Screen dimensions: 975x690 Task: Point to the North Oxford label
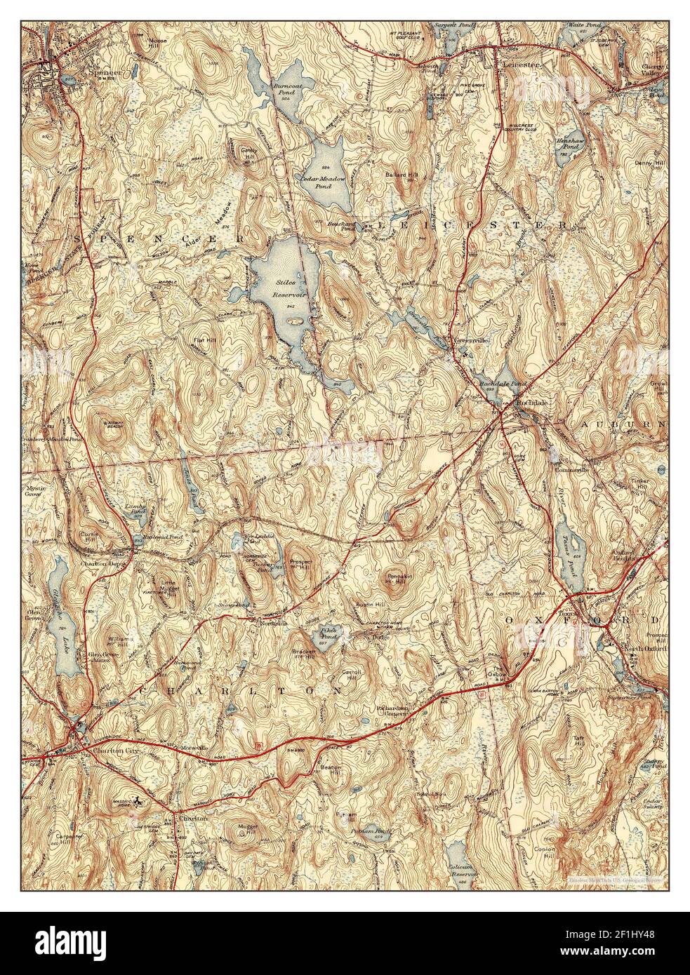(642, 650)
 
